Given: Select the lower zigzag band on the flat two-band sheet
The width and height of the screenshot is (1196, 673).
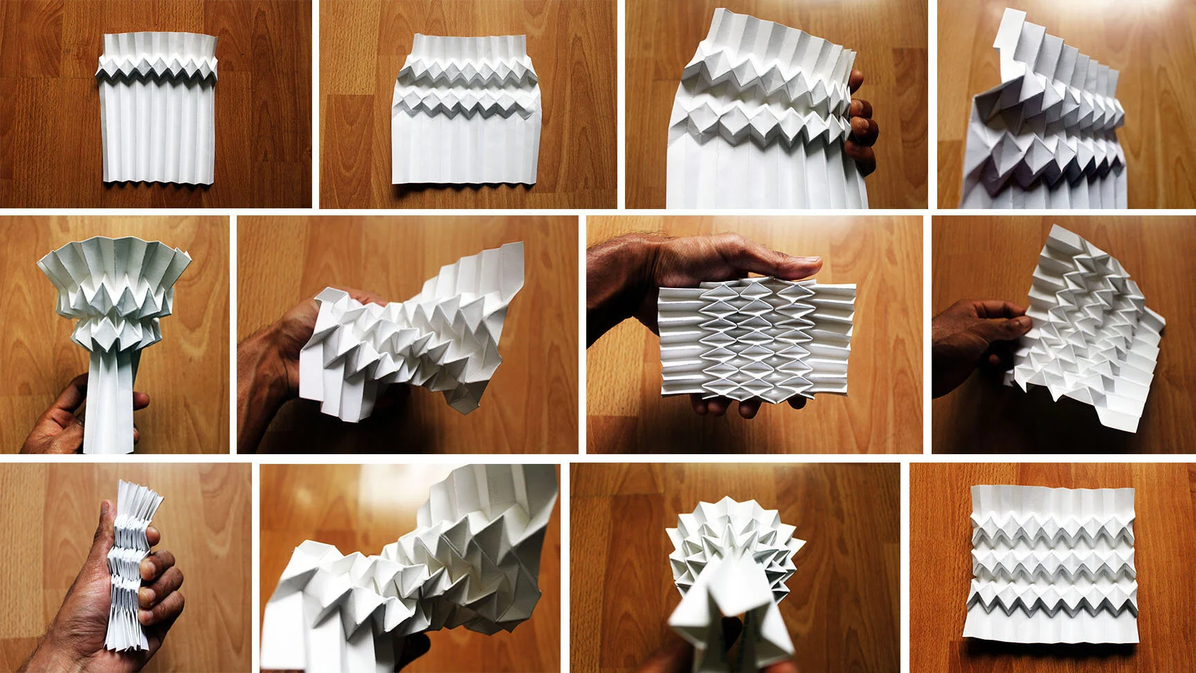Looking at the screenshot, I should pos(465,104).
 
